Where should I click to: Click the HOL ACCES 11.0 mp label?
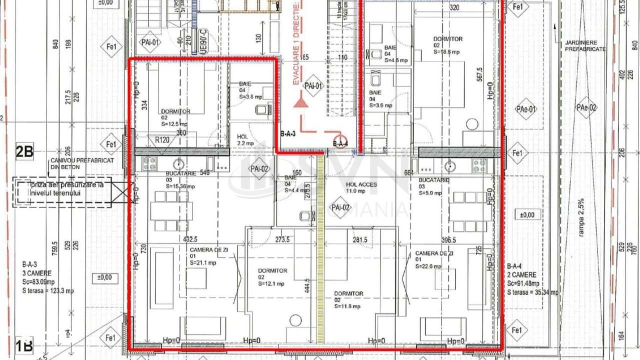(x=361, y=187)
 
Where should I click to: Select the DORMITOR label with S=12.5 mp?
(x=174, y=117)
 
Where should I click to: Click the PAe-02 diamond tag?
(x=586, y=107)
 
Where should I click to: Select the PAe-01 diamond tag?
(x=526, y=109)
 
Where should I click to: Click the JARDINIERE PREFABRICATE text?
(x=585, y=46)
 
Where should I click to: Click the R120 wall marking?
(x=161, y=140)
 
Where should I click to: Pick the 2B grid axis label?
(x=24, y=151)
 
